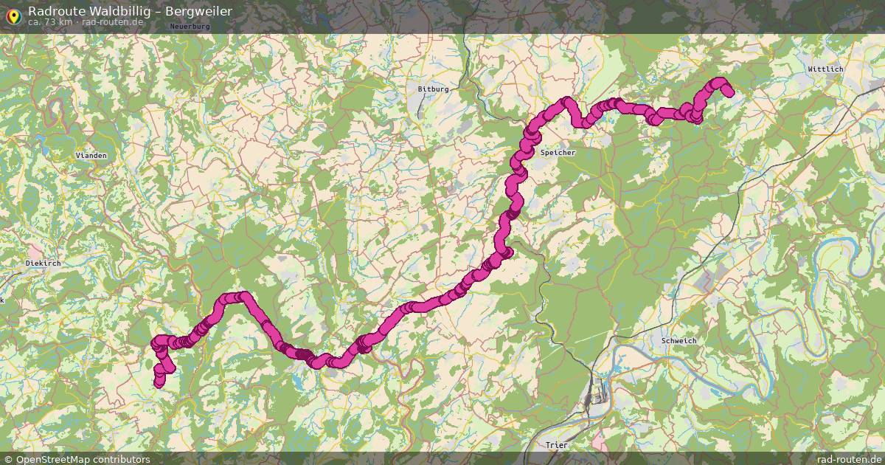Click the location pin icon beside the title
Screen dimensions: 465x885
point(13,15)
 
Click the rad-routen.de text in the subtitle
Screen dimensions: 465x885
point(112,22)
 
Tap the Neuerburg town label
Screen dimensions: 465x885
point(190,26)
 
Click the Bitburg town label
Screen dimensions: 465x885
point(433,89)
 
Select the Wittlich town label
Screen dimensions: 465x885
point(825,69)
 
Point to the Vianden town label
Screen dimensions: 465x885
point(91,156)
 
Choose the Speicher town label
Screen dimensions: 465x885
point(558,152)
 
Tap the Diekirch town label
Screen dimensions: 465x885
point(43,263)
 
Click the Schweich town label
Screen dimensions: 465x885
point(678,340)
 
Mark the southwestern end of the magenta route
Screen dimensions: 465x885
point(159,382)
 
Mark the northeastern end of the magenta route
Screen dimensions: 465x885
point(729,92)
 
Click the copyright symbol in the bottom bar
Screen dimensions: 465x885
point(8,459)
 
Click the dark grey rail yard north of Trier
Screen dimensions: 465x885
point(592,399)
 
